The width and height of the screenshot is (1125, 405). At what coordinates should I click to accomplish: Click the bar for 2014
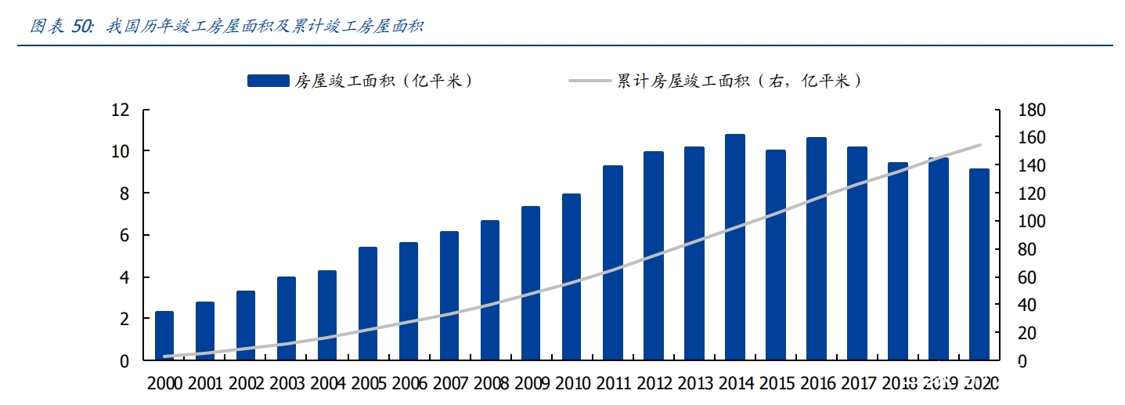pos(734,248)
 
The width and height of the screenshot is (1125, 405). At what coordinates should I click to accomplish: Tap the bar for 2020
pos(979,265)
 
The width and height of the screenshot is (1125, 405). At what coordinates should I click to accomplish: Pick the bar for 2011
pos(612,263)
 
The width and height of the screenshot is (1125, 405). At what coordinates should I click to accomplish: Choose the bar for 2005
pos(368,304)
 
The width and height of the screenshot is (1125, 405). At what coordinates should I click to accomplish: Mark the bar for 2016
pos(816,249)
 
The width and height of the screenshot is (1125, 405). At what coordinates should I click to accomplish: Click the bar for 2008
pos(490,291)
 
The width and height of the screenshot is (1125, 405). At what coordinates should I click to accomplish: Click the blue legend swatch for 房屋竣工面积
pos(268,81)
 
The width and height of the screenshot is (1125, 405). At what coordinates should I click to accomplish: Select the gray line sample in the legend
pos(590,81)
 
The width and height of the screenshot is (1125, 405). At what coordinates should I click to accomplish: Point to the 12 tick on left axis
pos(119,110)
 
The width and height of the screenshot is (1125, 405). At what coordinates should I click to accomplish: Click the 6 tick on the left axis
pos(124,235)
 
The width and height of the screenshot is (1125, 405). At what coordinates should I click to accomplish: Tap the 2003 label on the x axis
pos(287,384)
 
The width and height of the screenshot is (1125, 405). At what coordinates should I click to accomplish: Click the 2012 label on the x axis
pos(653,384)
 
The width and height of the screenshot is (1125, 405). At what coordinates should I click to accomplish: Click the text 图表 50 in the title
pos(61,27)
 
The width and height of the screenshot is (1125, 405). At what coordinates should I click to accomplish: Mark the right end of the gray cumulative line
pos(980,145)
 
